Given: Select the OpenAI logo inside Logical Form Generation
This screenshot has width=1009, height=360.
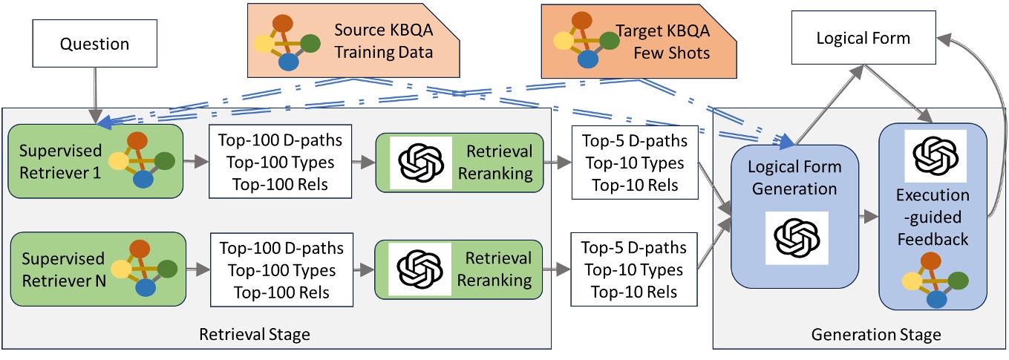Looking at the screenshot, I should click(x=797, y=238).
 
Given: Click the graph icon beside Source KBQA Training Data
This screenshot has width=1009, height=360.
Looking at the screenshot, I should click(x=287, y=42).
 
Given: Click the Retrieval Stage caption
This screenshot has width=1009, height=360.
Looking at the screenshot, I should click(x=255, y=335).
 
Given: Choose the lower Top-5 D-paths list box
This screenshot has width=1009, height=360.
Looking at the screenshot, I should click(x=634, y=269).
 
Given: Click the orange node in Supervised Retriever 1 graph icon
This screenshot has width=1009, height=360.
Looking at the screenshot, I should click(x=138, y=141).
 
